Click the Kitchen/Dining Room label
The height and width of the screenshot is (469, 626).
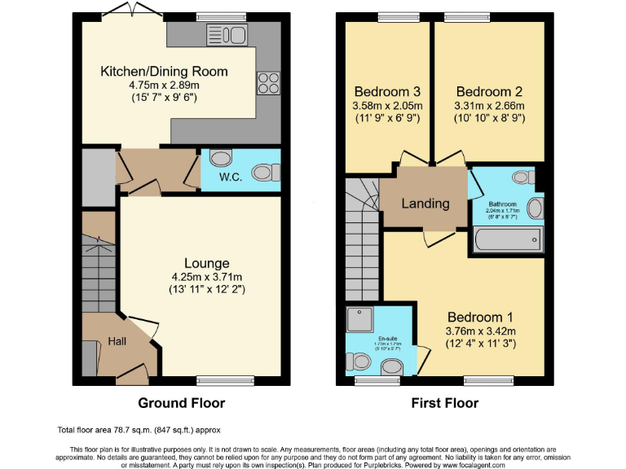point(164,72)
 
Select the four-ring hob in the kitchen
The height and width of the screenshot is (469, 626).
point(267,83)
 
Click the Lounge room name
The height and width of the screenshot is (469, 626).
point(206,263)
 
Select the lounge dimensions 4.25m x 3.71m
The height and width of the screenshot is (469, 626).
point(206,276)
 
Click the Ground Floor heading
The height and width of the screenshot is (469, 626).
point(181,403)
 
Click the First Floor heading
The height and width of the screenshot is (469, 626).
point(444,403)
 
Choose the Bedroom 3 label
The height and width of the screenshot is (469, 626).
point(388,90)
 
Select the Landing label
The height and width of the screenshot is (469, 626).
point(425,203)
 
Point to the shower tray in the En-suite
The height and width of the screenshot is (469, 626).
point(359,320)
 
